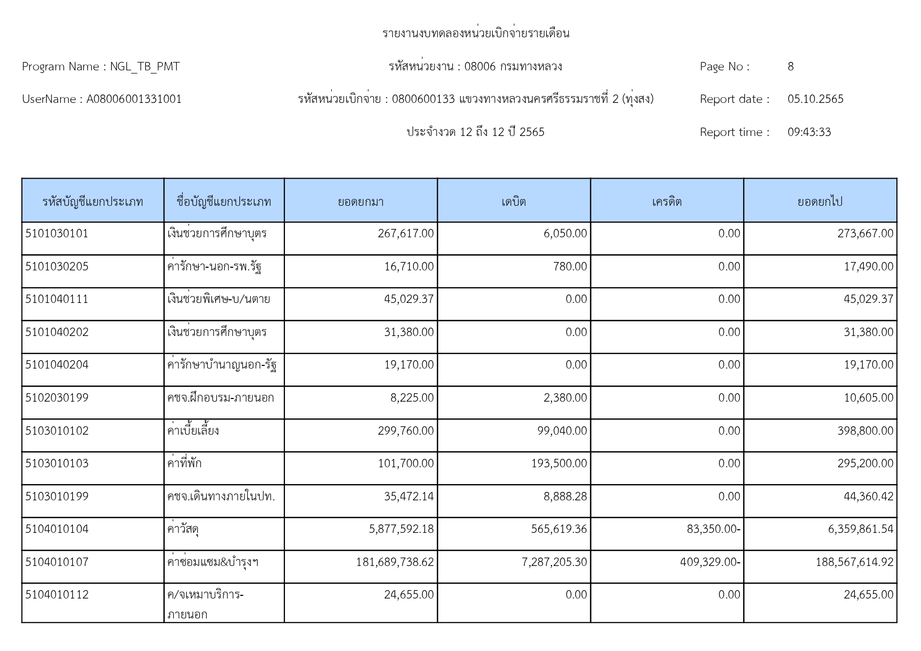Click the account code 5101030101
(x=57, y=234)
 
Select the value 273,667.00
(x=865, y=234)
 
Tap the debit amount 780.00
(x=570, y=267)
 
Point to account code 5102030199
(x=57, y=398)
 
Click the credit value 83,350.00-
(x=713, y=529)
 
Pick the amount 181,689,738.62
(x=395, y=562)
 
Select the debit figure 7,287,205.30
(x=554, y=562)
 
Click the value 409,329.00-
(x=710, y=562)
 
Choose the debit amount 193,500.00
(x=559, y=464)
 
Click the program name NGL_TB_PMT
(x=144, y=67)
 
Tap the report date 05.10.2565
(x=815, y=99)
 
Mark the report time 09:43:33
(x=809, y=132)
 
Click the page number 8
(x=790, y=67)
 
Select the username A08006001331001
(x=134, y=99)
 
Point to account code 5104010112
(x=57, y=595)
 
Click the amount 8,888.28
(x=565, y=497)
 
